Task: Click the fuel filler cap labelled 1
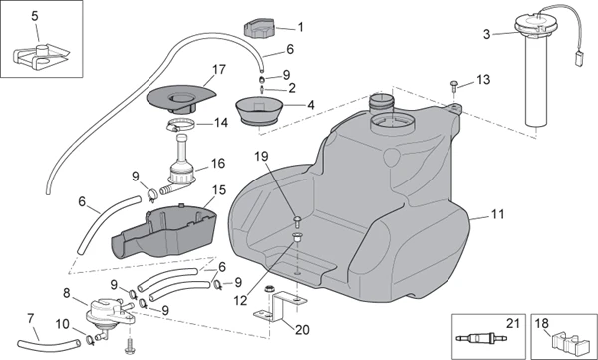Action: [x=258, y=28]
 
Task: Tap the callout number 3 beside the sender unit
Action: [x=486, y=34]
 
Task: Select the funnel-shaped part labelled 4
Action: [x=259, y=110]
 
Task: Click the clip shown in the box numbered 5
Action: [x=41, y=56]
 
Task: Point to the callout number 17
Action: [x=219, y=70]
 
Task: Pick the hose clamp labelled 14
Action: [x=180, y=125]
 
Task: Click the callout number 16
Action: [x=218, y=163]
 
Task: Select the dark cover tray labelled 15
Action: [x=164, y=231]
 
